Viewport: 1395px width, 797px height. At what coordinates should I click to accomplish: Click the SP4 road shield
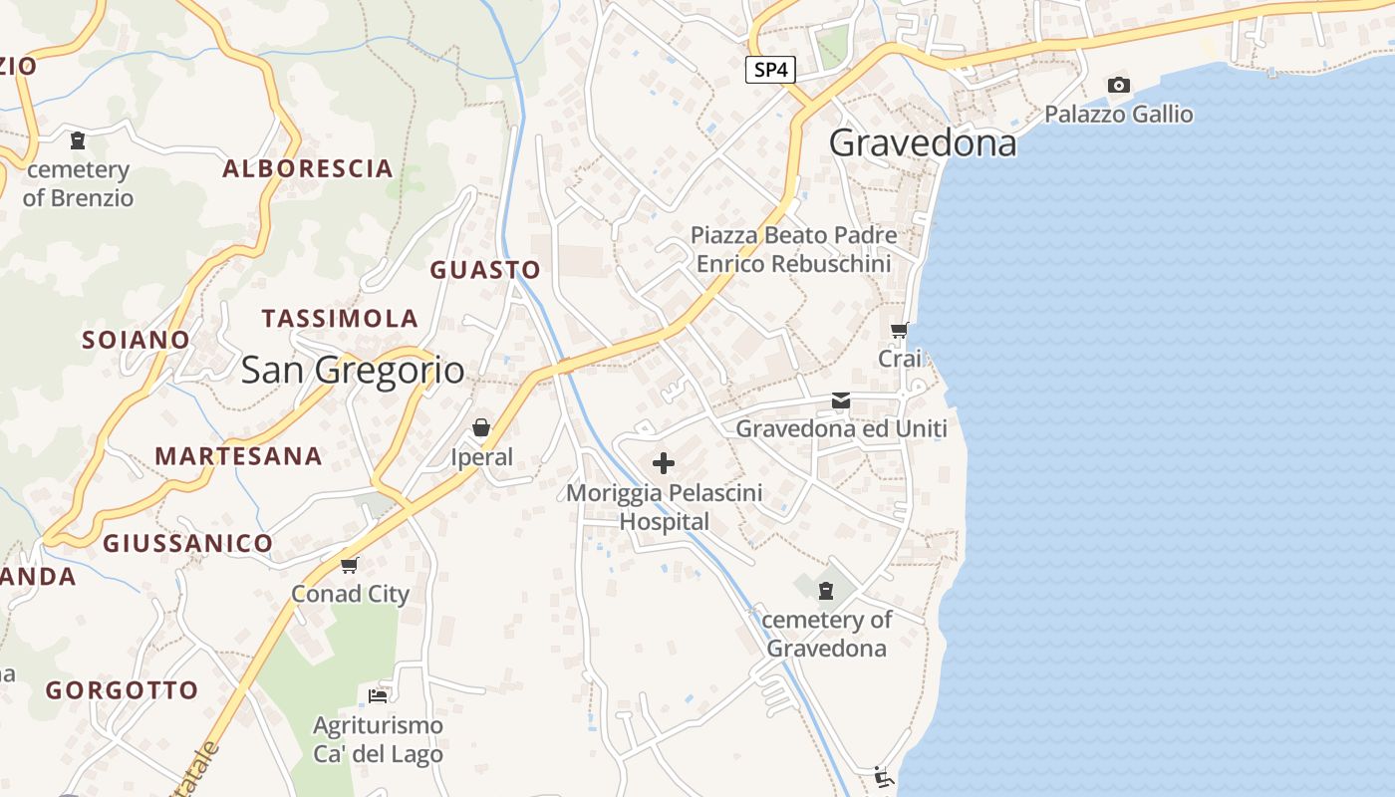pyautogui.click(x=770, y=70)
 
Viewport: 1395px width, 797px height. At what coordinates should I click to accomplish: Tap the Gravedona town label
pyautogui.click(x=923, y=143)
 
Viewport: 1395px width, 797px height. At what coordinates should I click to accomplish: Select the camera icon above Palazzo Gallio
pyautogui.click(x=1119, y=86)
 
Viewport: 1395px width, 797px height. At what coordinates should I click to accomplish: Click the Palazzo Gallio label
pyautogui.click(x=1118, y=114)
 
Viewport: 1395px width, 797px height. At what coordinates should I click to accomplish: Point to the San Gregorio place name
pyautogui.click(x=353, y=371)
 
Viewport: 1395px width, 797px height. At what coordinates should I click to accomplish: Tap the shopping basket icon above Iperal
pyautogui.click(x=481, y=427)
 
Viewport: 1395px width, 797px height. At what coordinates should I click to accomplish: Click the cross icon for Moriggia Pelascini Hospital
pyautogui.click(x=664, y=463)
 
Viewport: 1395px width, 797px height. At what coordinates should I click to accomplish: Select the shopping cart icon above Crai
pyautogui.click(x=900, y=330)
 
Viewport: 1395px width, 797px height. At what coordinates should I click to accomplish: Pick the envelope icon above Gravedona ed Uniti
pyautogui.click(x=841, y=400)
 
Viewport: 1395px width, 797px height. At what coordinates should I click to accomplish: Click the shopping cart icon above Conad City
pyautogui.click(x=349, y=565)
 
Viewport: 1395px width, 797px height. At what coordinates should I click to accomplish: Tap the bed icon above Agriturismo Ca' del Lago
pyautogui.click(x=378, y=695)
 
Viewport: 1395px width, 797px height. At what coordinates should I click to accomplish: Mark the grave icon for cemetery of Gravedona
pyautogui.click(x=825, y=591)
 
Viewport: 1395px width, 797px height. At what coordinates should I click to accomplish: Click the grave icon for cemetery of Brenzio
pyautogui.click(x=78, y=140)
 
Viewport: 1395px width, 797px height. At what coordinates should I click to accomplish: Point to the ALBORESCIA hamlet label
pyautogui.click(x=307, y=168)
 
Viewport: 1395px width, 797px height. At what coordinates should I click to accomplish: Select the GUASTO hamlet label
pyautogui.click(x=485, y=270)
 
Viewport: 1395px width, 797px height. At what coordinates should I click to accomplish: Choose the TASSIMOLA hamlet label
pyautogui.click(x=340, y=319)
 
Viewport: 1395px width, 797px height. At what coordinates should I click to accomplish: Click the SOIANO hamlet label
pyautogui.click(x=136, y=340)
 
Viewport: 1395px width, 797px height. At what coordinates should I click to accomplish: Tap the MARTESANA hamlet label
pyautogui.click(x=238, y=456)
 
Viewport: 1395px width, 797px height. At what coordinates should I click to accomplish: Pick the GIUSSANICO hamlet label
pyautogui.click(x=187, y=543)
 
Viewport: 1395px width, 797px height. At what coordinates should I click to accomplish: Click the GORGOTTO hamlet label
pyautogui.click(x=122, y=690)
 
